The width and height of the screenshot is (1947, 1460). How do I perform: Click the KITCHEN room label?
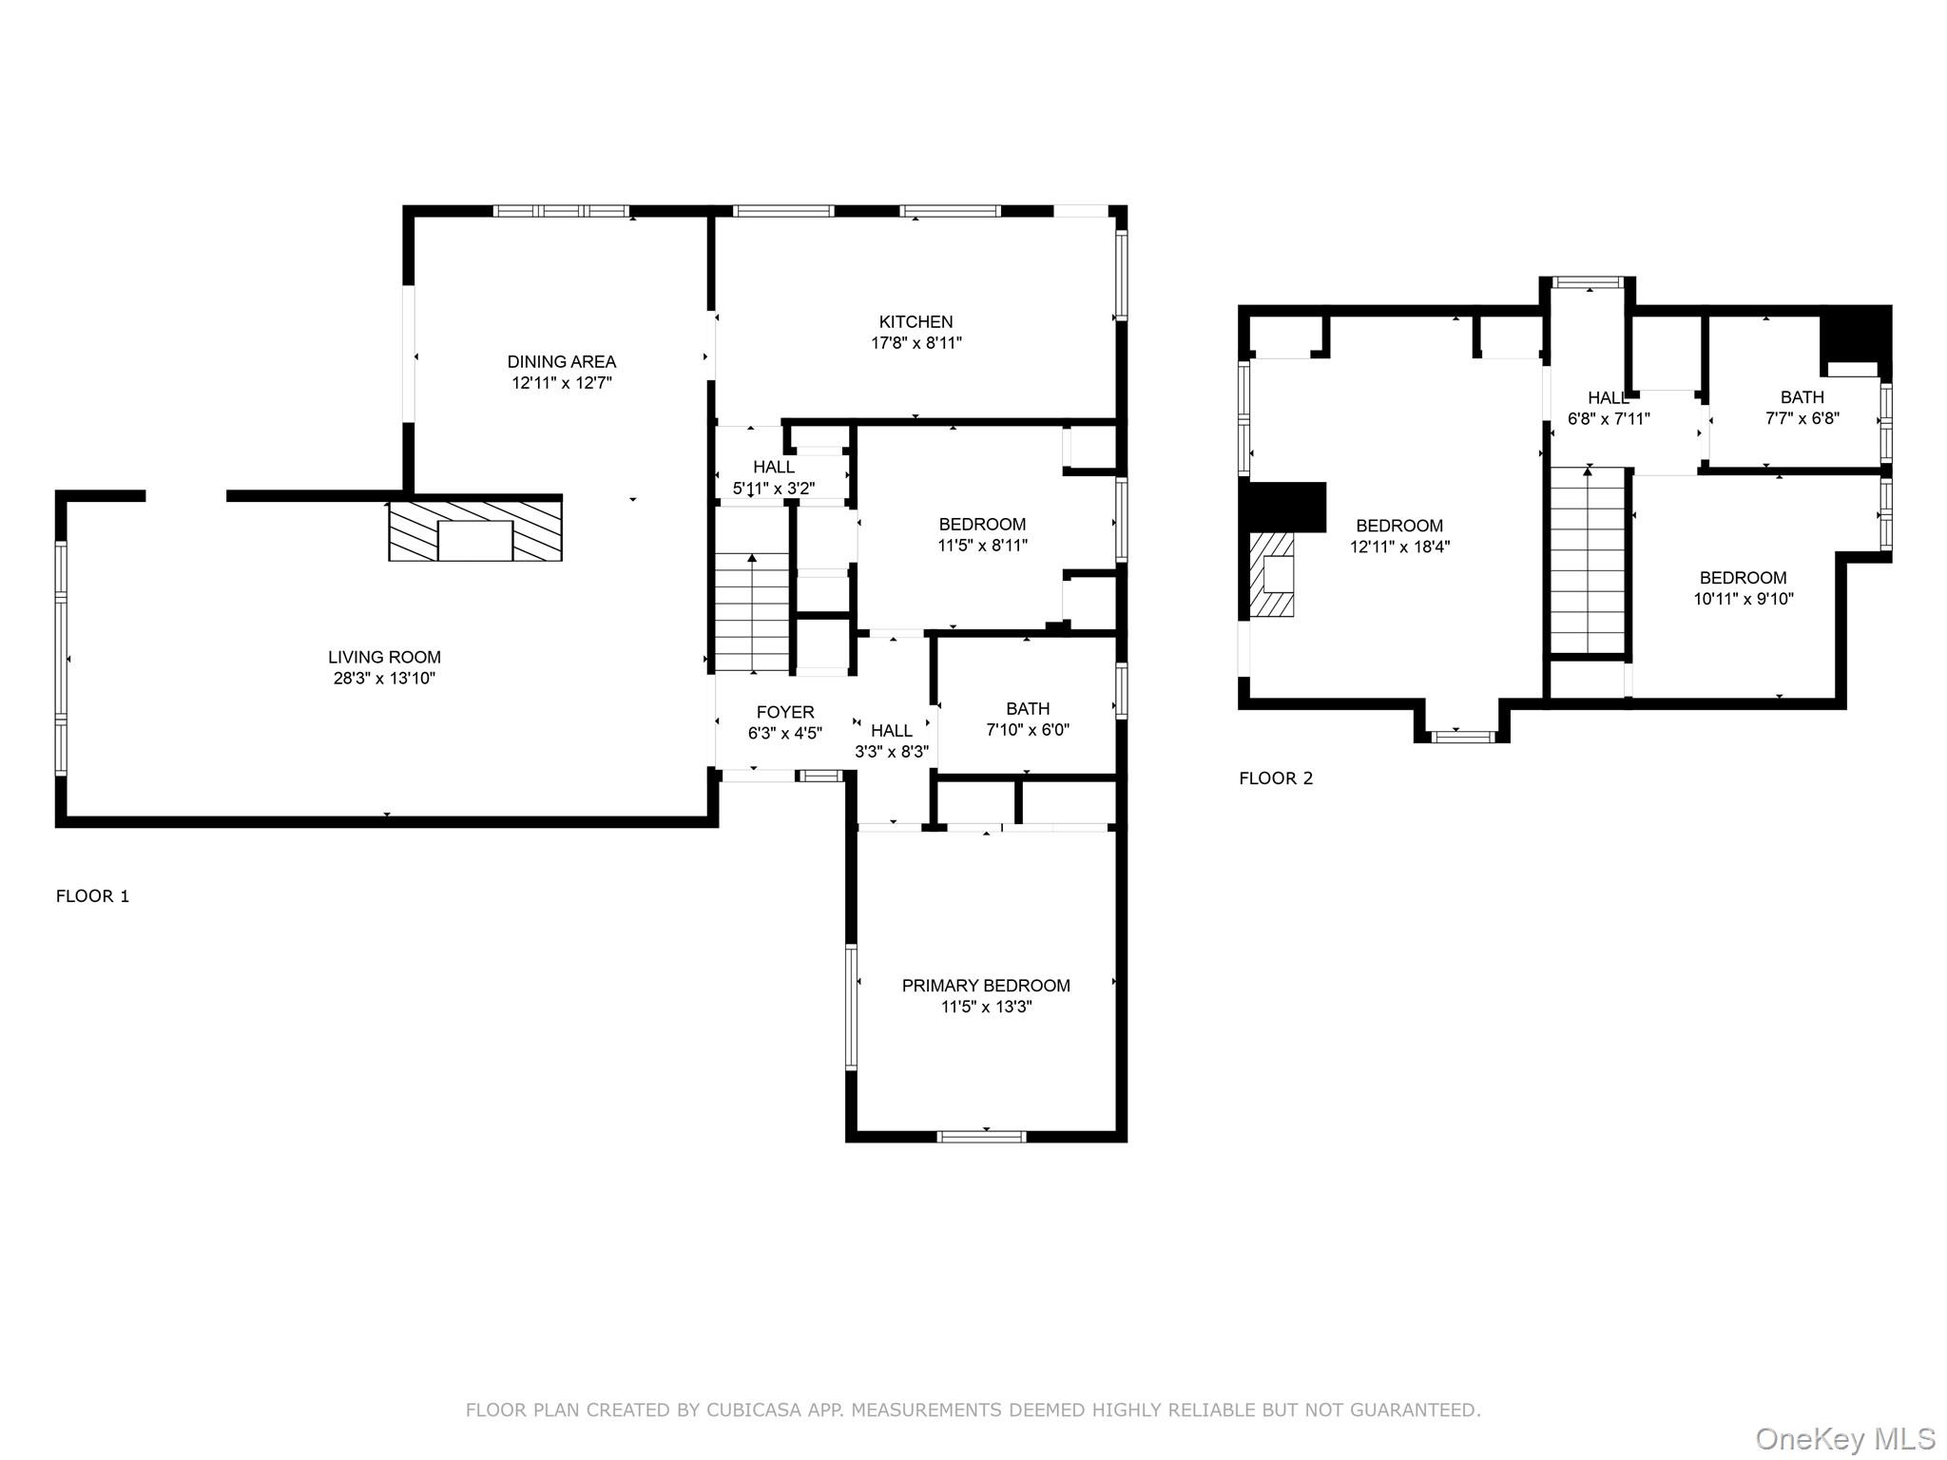(916, 322)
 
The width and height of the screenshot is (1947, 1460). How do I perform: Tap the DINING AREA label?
(561, 362)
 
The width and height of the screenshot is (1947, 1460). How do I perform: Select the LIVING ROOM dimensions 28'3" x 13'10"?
(384, 679)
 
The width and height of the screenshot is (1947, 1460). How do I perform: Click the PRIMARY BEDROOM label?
(986, 986)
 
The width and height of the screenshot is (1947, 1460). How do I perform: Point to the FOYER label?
(785, 712)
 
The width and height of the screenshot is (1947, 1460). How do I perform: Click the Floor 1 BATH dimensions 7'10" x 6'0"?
(1028, 730)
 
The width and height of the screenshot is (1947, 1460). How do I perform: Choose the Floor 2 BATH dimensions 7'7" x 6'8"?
(1802, 418)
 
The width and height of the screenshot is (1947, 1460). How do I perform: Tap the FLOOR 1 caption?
(92, 896)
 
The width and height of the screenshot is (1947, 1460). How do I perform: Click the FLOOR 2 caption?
(1276, 778)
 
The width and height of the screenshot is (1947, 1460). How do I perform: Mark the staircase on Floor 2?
(1587, 561)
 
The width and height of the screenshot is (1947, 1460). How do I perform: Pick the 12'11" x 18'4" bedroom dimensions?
(1399, 547)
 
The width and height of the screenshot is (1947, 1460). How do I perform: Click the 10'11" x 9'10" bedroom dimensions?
(1743, 599)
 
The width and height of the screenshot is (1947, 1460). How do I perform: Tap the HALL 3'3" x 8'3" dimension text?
(891, 751)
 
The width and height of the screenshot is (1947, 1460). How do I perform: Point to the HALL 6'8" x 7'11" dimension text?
(1609, 418)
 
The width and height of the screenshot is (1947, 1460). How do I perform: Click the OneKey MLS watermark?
(1845, 1438)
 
